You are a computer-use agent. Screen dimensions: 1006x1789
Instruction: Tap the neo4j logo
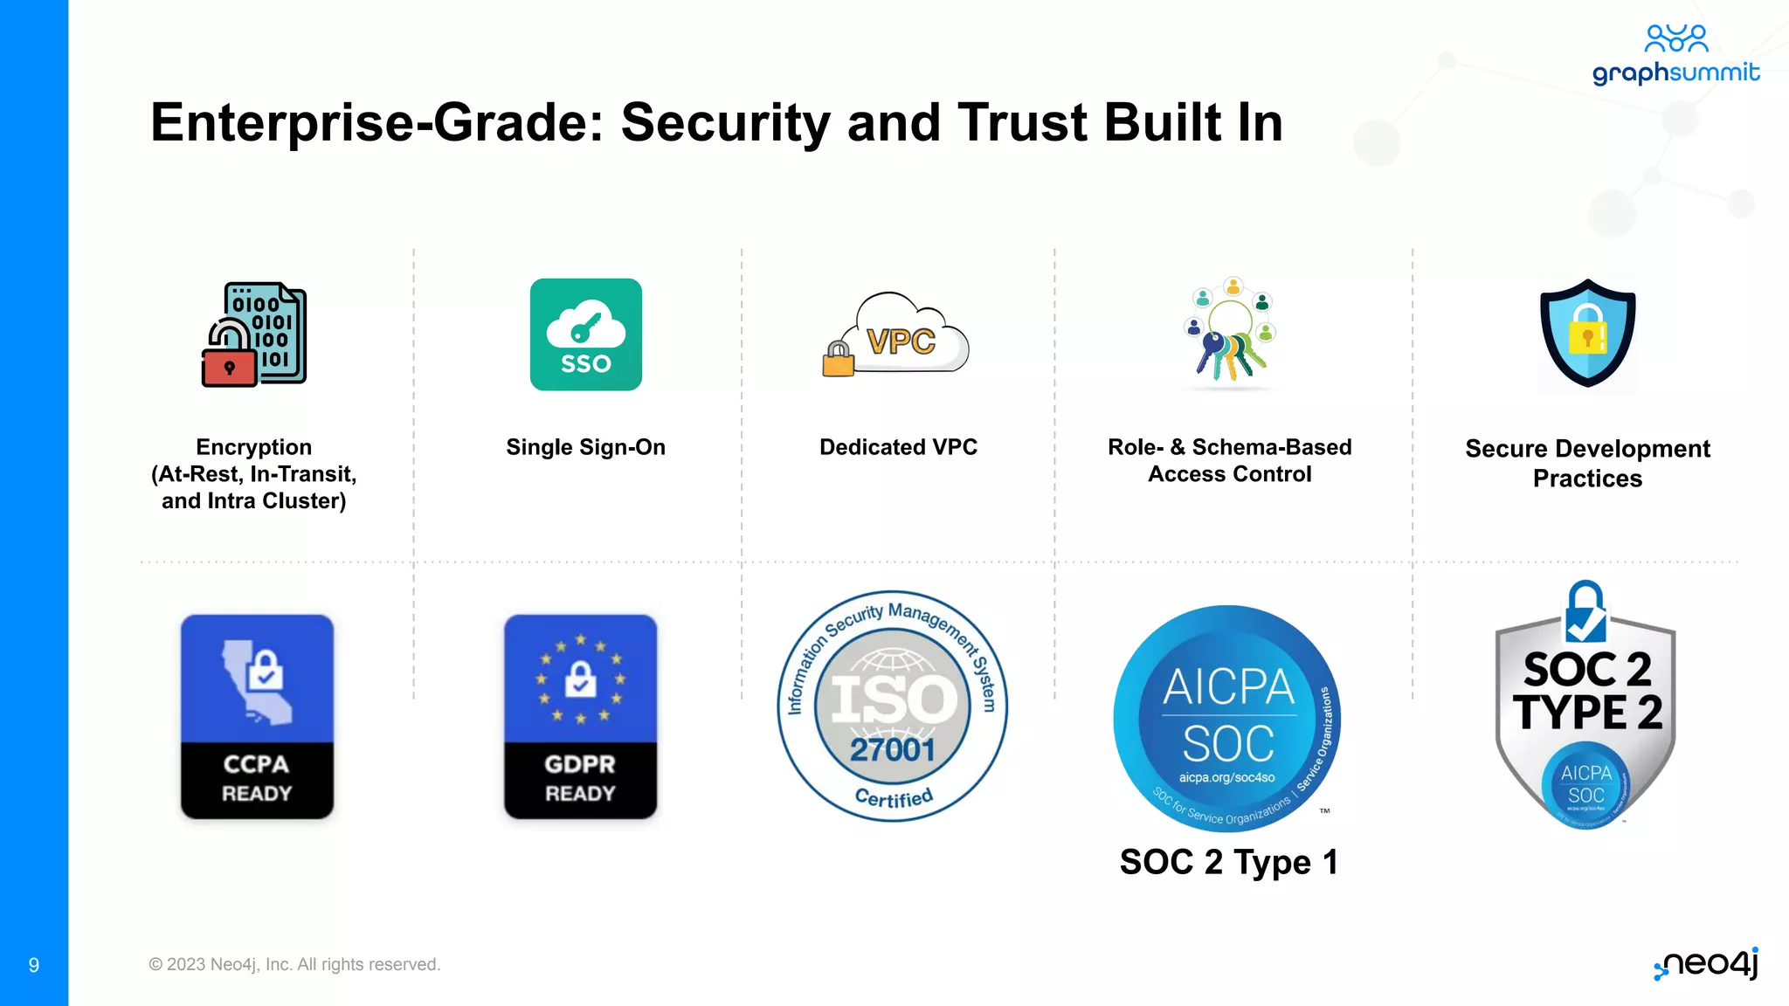[x=1708, y=963]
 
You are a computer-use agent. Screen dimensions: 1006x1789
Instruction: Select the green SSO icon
[x=585, y=334]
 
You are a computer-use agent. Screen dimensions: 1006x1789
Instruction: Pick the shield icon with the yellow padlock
[x=1587, y=333]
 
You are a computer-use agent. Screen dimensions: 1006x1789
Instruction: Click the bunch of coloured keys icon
[x=1230, y=333]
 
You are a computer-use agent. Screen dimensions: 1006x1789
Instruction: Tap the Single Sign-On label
[x=585, y=447]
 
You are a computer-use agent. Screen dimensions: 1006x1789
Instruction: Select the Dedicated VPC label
[x=898, y=447]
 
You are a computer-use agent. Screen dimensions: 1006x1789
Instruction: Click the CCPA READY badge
[x=257, y=716]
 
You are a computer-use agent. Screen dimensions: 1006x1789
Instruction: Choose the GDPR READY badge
[x=580, y=716]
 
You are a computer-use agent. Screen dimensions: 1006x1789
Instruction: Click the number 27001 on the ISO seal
[x=892, y=749]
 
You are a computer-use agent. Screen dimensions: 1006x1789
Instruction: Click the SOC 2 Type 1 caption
[x=1228, y=862]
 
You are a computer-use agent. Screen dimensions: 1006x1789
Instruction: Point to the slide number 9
[x=34, y=965]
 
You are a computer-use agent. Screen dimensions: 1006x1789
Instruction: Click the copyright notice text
[x=294, y=964]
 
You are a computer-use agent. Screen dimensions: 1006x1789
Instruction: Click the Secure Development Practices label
[x=1587, y=463]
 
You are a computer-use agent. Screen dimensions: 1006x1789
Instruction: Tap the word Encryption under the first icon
[x=253, y=447]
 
